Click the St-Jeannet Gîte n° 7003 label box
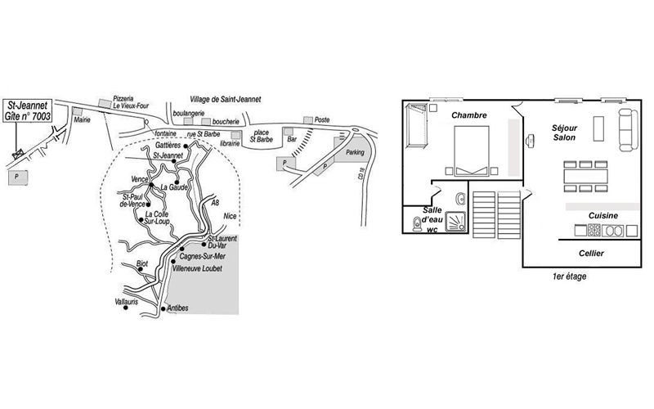[28, 110]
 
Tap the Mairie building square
[77, 111]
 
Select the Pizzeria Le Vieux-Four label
[131, 102]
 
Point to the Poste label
[322, 119]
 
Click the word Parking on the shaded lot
[355, 152]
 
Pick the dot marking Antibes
[163, 309]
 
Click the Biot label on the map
[142, 263]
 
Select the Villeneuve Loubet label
[197, 268]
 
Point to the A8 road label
[215, 203]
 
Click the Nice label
[230, 216]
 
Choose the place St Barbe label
[262, 136]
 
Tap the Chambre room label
[468, 115]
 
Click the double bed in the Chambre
[472, 151]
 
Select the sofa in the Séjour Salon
[628, 129]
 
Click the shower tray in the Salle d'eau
[456, 221]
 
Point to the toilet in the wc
[416, 224]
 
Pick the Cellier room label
[591, 254]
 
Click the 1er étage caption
[569, 276]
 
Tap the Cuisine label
[603, 216]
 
